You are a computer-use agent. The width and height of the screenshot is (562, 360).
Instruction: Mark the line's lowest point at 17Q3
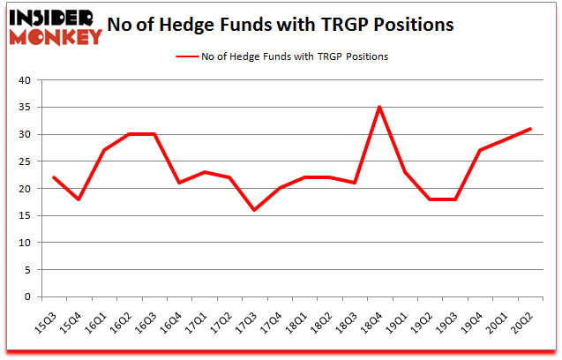pyautogui.click(x=254, y=210)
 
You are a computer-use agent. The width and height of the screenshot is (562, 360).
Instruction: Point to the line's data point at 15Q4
pyautogui.click(x=79, y=199)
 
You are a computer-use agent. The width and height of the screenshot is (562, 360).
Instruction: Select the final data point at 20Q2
pyautogui.click(x=530, y=129)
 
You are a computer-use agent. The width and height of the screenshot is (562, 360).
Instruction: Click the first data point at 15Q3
pyautogui.click(x=55, y=177)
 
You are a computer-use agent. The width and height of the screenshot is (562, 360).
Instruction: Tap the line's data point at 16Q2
pyautogui.click(x=130, y=134)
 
